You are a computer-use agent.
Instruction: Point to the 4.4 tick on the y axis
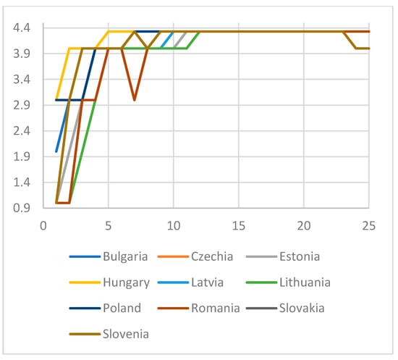click(x=21, y=28)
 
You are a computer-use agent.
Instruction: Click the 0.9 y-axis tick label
click(x=21, y=208)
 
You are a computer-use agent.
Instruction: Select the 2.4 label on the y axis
click(x=21, y=131)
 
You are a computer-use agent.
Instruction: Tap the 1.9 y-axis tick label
click(x=21, y=156)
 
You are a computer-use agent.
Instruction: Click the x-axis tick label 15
click(x=238, y=225)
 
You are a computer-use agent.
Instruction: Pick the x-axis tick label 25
click(x=368, y=225)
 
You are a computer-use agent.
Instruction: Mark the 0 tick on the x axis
click(x=43, y=225)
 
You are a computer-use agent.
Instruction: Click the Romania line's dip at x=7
click(x=135, y=100)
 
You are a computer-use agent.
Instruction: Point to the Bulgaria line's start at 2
click(x=56, y=151)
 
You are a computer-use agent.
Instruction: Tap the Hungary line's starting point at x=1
click(x=56, y=100)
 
